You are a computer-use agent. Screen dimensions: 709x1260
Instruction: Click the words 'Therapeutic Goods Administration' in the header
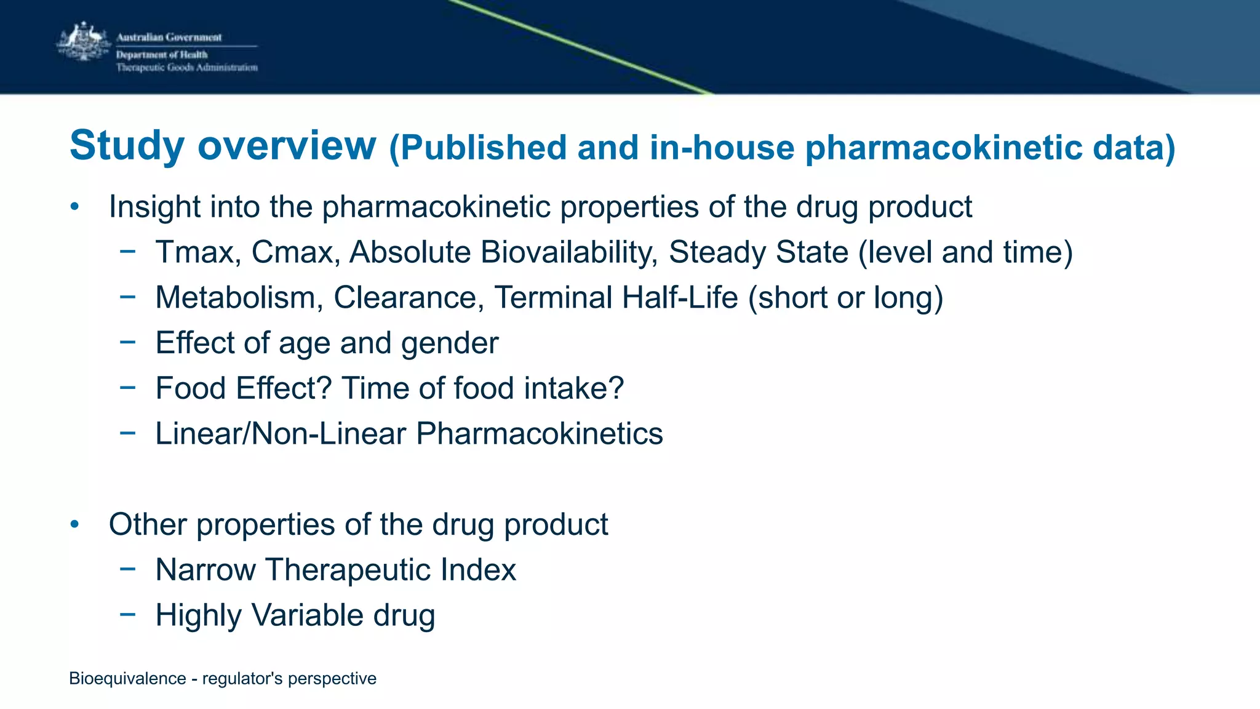point(186,68)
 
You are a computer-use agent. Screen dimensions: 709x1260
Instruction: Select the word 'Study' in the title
point(127,146)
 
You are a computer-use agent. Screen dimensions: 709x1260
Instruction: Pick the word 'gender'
point(449,343)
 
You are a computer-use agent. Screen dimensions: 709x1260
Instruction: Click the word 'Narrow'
point(205,570)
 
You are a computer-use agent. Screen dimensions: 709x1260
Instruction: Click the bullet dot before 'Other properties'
point(74,524)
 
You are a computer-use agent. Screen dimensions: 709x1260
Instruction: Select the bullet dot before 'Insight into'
point(74,207)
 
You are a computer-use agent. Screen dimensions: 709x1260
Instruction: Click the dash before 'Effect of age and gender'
point(127,343)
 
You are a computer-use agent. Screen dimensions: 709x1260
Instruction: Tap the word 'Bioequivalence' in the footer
point(127,679)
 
